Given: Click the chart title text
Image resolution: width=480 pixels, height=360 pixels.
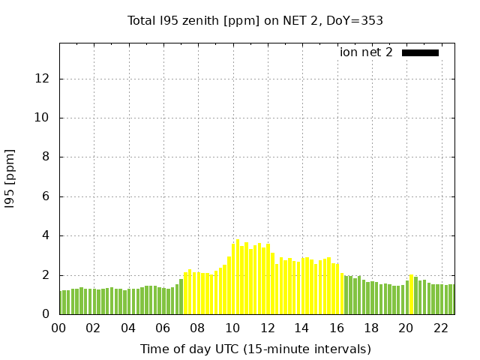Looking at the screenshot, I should (x=255, y=20).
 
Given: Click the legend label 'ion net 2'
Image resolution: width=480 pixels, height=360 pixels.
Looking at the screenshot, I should (x=366, y=52).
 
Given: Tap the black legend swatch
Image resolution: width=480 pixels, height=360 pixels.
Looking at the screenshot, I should (x=420, y=52).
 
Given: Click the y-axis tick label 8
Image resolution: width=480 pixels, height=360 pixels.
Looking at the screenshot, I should (x=46, y=157).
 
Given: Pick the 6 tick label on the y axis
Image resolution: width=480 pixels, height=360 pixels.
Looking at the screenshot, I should (x=46, y=196).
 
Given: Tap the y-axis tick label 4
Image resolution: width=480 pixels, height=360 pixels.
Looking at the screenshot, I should (x=46, y=235).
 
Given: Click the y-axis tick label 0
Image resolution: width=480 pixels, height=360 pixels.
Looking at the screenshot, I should (x=46, y=314).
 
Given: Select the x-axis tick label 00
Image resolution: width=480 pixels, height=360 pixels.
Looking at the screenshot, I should (x=58, y=328).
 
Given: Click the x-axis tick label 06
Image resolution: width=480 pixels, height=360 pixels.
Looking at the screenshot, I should (x=163, y=328).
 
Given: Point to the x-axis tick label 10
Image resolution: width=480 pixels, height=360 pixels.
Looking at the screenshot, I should (x=232, y=328).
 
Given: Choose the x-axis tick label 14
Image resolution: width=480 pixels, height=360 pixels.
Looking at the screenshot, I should (x=301, y=328).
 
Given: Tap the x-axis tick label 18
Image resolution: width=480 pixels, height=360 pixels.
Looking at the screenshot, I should (x=371, y=328).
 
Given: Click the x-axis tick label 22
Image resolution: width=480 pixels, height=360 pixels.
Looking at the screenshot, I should (x=440, y=328).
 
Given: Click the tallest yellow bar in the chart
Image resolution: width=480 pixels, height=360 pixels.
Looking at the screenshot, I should (x=238, y=277).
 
